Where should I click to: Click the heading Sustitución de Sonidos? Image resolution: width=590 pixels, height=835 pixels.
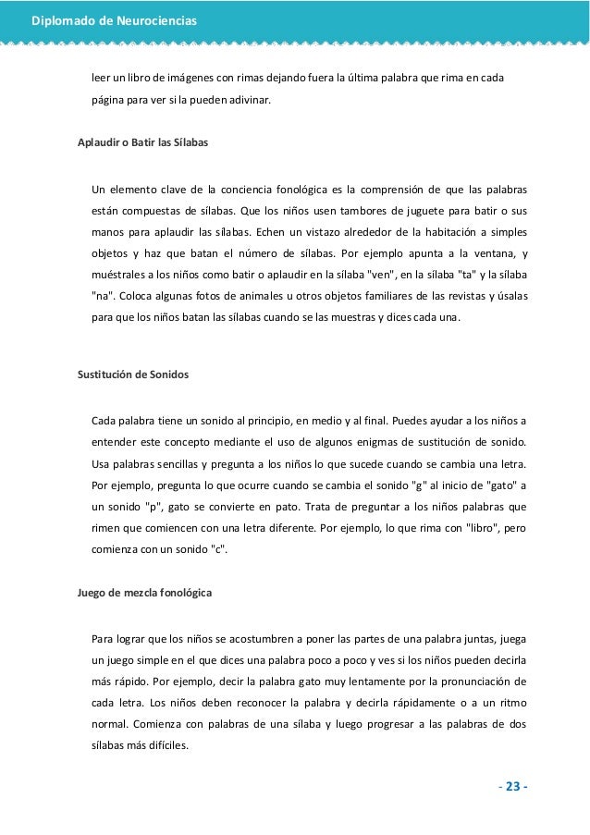pyautogui.click(x=132, y=375)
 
